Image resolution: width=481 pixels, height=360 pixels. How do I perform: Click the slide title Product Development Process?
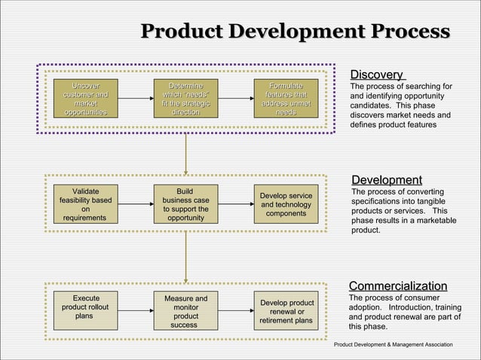tap(295, 32)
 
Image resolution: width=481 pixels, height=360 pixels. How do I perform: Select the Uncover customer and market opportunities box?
tap(85, 99)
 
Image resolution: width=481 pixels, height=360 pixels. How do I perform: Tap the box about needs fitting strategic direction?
tap(185, 99)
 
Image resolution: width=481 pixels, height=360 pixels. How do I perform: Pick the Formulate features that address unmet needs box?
tap(285, 99)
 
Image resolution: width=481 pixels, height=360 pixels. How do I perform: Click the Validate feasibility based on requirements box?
tap(85, 204)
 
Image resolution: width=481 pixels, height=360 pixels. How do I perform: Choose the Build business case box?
tap(185, 204)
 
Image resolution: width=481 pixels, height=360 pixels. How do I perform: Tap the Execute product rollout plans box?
tap(85, 310)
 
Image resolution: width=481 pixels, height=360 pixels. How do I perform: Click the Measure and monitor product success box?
tap(185, 310)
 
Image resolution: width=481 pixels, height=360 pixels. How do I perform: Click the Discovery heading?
tap(376, 75)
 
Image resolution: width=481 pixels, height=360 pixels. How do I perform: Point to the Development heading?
tap(386, 180)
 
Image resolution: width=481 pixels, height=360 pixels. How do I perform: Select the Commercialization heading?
tap(397, 286)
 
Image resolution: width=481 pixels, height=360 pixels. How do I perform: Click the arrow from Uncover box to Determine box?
tap(136, 99)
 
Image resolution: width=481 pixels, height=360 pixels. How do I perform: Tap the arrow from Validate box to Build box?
tap(136, 204)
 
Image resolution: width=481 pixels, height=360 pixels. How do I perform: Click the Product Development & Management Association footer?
tap(394, 344)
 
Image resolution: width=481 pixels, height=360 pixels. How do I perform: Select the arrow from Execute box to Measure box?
tap(136, 310)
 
